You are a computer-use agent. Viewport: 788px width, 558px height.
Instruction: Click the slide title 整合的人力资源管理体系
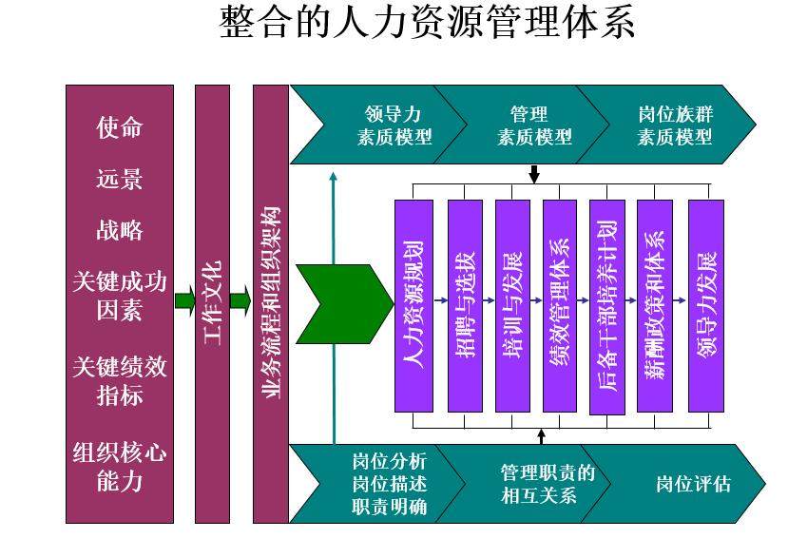click(x=427, y=24)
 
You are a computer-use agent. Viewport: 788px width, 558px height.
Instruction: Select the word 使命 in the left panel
click(x=120, y=127)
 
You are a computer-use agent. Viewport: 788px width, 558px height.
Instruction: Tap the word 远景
click(x=120, y=179)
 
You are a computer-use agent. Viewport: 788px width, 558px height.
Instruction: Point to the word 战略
click(x=120, y=230)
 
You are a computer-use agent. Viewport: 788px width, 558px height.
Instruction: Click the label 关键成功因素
click(x=120, y=296)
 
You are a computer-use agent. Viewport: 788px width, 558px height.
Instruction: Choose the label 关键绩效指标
click(x=120, y=380)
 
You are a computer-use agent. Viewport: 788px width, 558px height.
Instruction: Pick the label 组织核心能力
click(x=120, y=466)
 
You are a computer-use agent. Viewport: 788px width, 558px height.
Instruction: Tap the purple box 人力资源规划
click(x=413, y=305)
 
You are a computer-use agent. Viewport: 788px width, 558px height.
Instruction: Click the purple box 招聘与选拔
click(x=465, y=305)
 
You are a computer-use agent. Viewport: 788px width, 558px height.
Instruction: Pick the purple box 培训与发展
click(x=512, y=305)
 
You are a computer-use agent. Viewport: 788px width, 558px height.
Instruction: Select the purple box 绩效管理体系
click(x=560, y=305)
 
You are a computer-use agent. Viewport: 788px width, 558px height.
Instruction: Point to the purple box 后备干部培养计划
click(x=607, y=305)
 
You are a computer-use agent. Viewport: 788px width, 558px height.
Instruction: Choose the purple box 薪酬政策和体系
click(x=655, y=305)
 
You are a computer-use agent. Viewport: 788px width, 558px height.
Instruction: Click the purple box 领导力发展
click(x=706, y=305)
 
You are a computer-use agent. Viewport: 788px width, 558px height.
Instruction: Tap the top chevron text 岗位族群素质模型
click(x=675, y=125)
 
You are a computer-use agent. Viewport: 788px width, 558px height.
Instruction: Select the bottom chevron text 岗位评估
click(x=694, y=483)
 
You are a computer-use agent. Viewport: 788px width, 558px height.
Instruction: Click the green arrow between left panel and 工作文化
click(x=184, y=302)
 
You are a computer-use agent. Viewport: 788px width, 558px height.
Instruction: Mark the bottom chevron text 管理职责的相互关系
click(x=547, y=483)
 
